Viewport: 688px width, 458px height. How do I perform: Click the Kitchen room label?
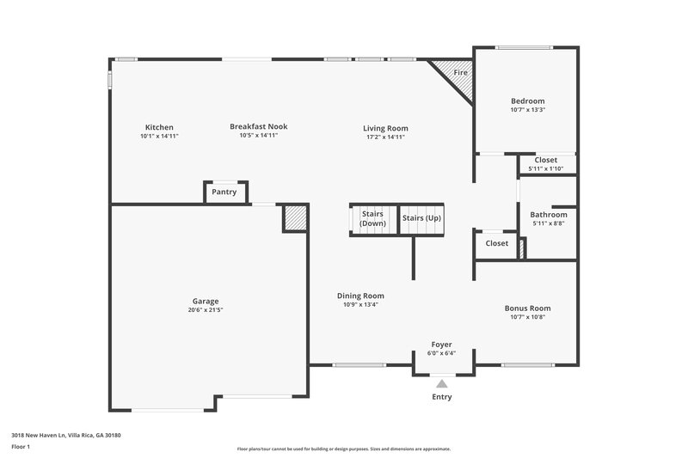pos(159,126)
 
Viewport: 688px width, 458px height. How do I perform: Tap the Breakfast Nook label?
pos(258,126)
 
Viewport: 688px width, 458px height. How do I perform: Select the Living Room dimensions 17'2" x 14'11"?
pos(384,137)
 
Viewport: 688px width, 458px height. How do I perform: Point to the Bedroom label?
pos(527,101)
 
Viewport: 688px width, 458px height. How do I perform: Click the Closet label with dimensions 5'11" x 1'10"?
pos(545,160)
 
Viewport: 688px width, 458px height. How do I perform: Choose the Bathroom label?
pos(548,214)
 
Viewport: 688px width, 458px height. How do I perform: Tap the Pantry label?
pos(224,192)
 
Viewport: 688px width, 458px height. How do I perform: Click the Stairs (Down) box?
pos(372,218)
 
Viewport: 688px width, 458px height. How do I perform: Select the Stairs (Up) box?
pos(421,218)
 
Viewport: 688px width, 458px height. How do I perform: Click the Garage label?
pos(205,301)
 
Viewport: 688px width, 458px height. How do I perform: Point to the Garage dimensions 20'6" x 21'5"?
pos(205,310)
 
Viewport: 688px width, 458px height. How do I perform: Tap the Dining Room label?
pos(359,295)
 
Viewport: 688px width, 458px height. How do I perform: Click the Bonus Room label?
pos(527,308)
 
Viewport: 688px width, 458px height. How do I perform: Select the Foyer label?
pos(441,344)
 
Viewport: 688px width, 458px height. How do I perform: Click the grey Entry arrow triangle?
pos(441,383)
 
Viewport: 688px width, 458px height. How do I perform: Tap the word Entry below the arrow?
pos(441,397)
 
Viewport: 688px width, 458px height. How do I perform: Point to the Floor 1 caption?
pos(21,447)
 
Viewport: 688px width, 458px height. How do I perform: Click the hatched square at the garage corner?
pos(295,218)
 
